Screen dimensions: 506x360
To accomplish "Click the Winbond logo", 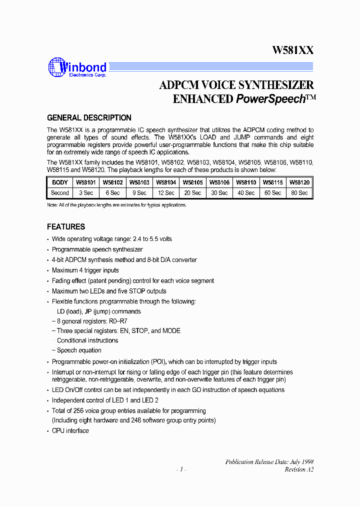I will [x=77, y=68].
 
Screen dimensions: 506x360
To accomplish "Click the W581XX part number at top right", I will [x=292, y=50].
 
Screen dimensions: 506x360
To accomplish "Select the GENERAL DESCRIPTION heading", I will [x=89, y=118].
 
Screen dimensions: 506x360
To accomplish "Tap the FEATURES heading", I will [x=66, y=226].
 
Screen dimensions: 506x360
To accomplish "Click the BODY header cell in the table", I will [x=60, y=183].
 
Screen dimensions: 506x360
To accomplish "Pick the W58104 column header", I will [x=165, y=183].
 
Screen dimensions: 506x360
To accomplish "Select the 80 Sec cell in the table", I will [x=299, y=193].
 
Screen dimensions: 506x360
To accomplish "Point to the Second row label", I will [x=60, y=193].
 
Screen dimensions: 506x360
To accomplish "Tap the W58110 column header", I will [x=245, y=183].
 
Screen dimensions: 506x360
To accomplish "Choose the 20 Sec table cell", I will [x=192, y=193].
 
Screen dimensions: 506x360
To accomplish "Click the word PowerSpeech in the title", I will [x=270, y=99].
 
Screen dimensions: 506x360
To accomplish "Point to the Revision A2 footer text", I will [x=299, y=469].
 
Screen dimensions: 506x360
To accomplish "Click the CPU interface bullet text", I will [x=70, y=430].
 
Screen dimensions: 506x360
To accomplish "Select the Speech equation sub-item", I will [x=78, y=350].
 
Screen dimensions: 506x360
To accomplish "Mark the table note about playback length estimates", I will [x=116, y=205].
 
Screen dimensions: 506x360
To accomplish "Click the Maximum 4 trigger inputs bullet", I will [x=85, y=270].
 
